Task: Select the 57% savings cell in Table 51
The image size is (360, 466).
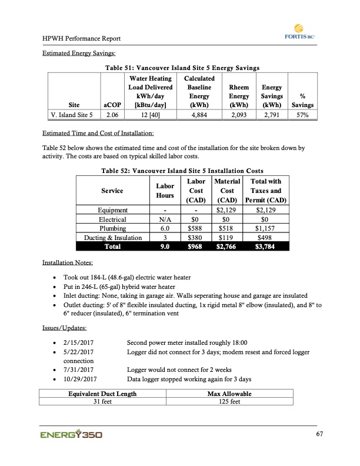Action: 302,115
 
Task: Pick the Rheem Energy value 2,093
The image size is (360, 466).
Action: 239,115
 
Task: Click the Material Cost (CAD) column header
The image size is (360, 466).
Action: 226,191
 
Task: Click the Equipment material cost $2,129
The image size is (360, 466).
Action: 226,209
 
